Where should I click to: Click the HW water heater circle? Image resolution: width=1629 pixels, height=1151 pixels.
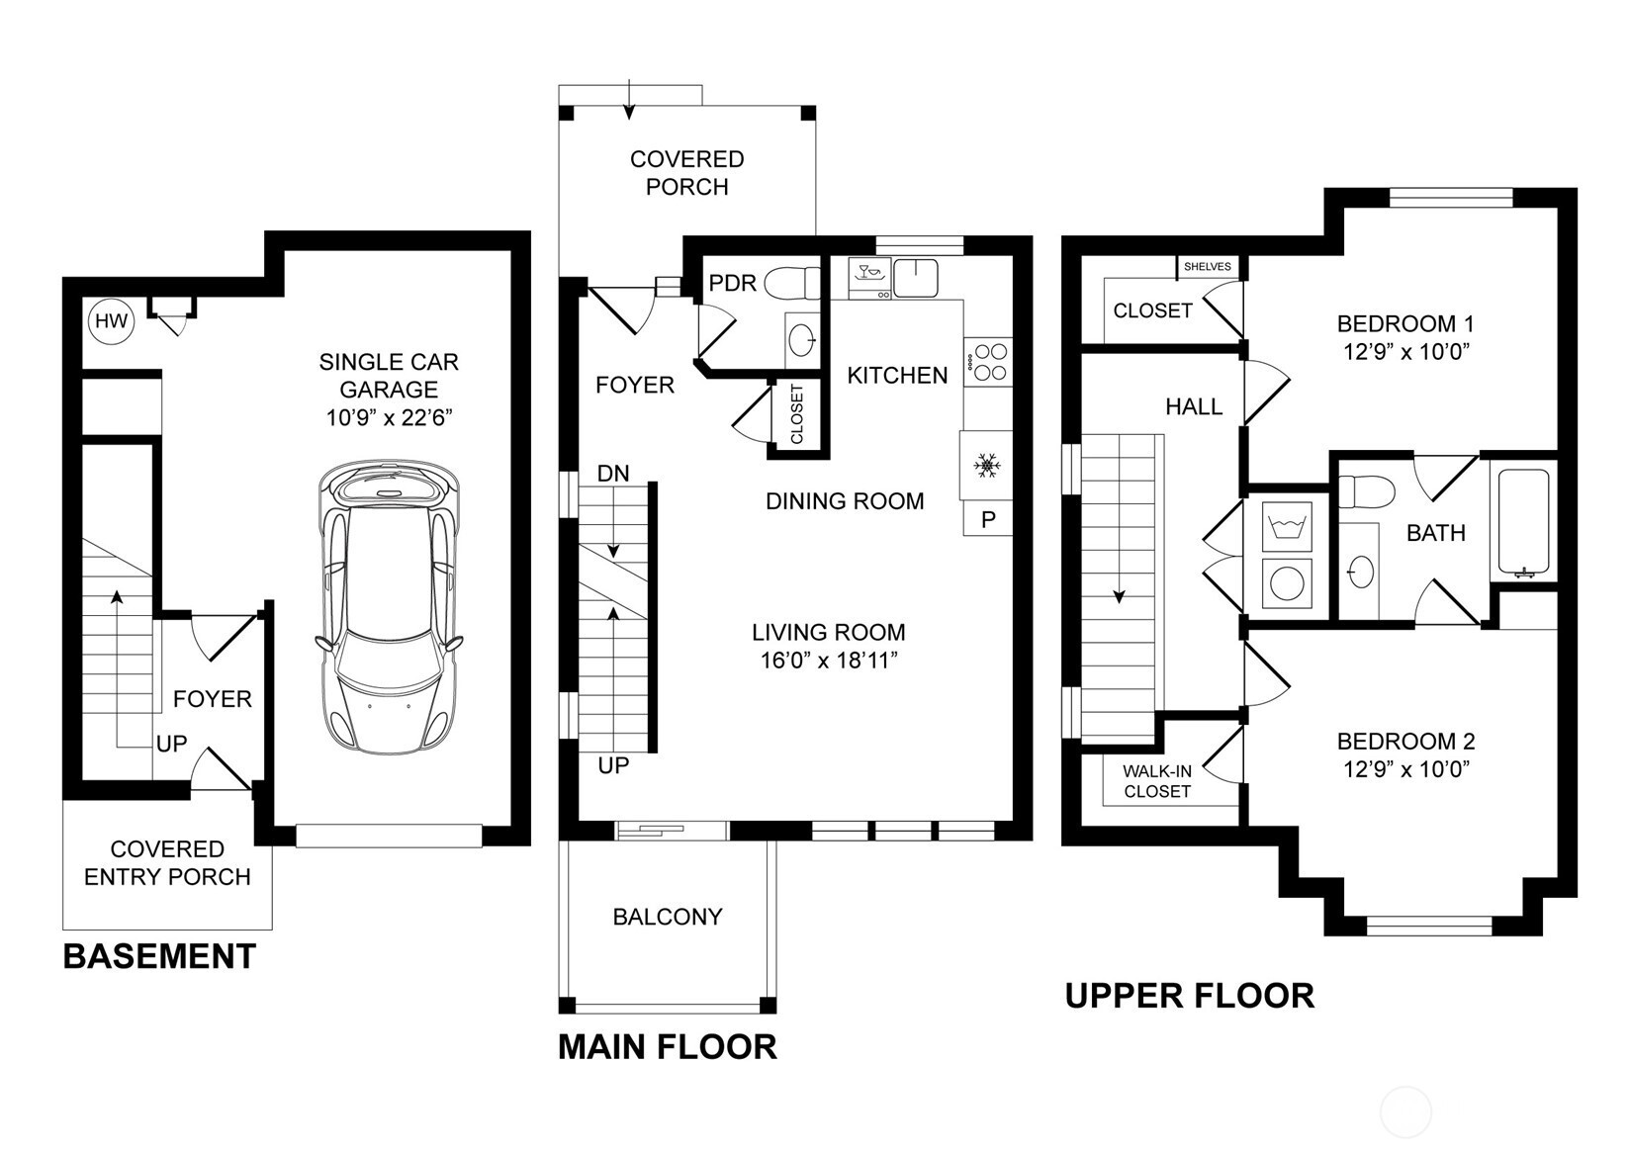point(111,320)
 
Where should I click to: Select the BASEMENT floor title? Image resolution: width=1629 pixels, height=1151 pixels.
point(160,956)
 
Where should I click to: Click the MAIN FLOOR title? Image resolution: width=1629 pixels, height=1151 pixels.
point(668,1047)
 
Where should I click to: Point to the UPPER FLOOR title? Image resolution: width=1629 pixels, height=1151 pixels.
point(1190,996)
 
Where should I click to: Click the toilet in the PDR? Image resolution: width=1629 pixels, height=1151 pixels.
point(792,284)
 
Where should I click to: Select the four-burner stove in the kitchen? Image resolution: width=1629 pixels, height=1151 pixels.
point(988,362)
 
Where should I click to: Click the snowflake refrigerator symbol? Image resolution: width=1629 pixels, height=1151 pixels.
point(986,466)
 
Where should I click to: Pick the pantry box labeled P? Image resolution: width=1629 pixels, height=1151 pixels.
point(988,519)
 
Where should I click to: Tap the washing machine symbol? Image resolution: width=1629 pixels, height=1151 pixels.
point(1287,526)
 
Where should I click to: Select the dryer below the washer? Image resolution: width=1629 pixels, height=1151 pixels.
point(1287,583)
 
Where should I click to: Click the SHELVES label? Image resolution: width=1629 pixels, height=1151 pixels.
point(1208,267)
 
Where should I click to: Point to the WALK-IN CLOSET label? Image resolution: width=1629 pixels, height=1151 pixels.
point(1157,781)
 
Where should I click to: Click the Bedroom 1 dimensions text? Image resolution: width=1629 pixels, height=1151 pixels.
point(1406,352)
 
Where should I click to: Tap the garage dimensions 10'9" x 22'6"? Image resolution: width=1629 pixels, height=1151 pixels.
point(389,418)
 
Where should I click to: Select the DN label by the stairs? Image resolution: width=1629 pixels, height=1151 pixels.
point(613,474)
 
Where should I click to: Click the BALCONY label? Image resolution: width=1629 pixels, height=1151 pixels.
point(668,917)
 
